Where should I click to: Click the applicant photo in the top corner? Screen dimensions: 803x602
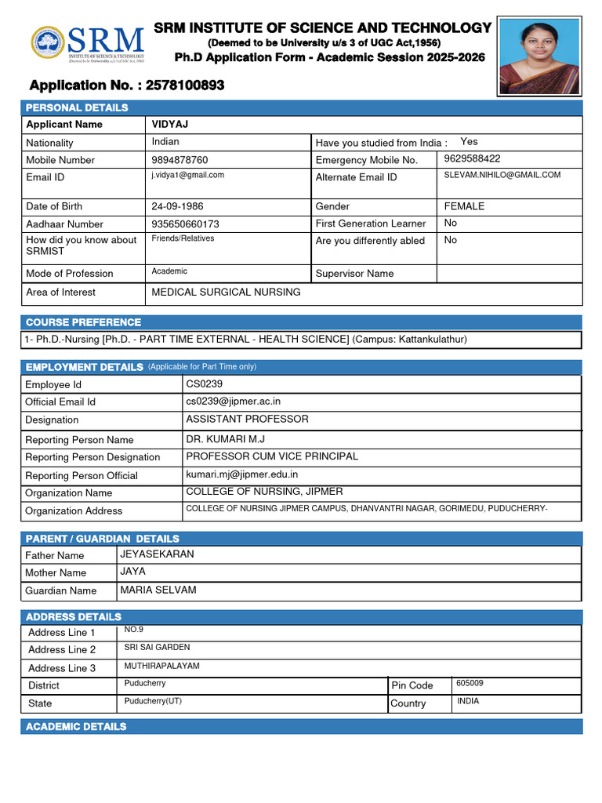tap(539, 56)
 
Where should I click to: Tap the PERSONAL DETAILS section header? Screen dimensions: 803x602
tap(77, 107)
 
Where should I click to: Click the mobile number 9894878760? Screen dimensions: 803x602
tap(180, 160)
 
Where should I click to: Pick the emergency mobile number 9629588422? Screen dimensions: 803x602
tap(472, 158)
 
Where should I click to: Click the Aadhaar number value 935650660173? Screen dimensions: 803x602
tap(185, 223)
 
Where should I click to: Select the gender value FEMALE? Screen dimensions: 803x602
tap(464, 206)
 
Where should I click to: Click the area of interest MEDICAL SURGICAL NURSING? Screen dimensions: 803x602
tap(226, 292)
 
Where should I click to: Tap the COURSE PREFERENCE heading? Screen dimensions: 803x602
tap(83, 322)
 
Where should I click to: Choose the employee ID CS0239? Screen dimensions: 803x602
tap(204, 383)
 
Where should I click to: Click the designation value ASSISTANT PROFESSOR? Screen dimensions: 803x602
tap(247, 419)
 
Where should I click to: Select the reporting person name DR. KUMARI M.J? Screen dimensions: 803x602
tap(225, 438)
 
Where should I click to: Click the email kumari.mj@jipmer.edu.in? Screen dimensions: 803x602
tap(241, 474)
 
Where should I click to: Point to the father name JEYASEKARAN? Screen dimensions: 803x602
tap(157, 554)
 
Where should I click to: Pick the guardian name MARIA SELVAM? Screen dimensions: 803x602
tap(158, 589)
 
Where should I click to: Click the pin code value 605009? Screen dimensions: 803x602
tap(470, 683)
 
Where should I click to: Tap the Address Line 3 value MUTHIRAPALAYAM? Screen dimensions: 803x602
tap(162, 666)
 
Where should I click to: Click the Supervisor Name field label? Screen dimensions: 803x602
tap(354, 274)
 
